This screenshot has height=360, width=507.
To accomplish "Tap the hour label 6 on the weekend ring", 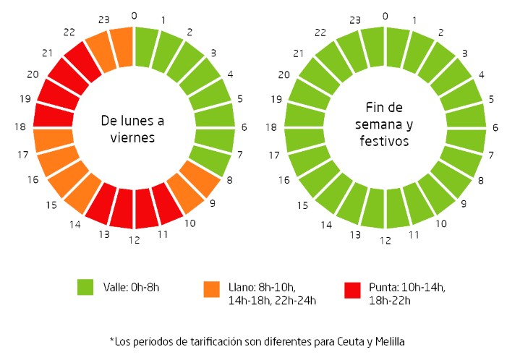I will click(x=495, y=128).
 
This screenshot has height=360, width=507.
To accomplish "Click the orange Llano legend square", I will click(x=211, y=288).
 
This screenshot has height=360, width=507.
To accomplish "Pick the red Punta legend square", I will click(x=352, y=288).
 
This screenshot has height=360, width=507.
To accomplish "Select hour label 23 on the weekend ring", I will click(x=354, y=21).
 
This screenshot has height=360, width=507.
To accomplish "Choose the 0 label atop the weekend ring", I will click(x=385, y=16).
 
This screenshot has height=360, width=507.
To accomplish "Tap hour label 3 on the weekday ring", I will click(x=213, y=53).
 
